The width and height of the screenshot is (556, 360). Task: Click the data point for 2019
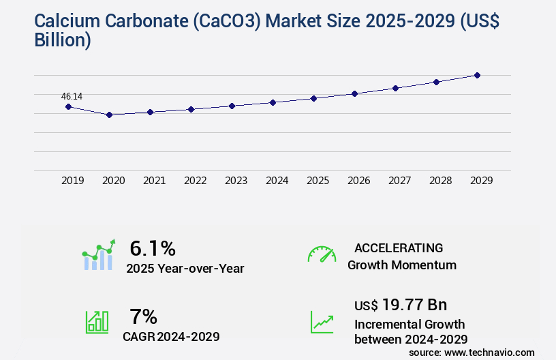pos(68,106)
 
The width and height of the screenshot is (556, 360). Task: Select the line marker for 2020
pos(109,115)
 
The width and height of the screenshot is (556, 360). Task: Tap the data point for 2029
pos(477,75)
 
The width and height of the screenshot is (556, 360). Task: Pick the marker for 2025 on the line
pos(313,98)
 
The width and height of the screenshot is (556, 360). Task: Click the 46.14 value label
pos(72,96)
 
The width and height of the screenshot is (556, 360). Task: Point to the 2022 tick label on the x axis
pos(195,181)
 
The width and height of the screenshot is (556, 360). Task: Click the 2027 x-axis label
pos(399,181)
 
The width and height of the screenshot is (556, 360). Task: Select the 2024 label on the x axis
pos(277,181)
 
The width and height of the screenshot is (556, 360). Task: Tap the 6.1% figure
pos(153,247)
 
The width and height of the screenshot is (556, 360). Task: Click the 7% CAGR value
pos(143,316)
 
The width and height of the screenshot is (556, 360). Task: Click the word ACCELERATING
pos(399,247)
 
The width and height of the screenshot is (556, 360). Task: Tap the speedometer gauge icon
pos(322,254)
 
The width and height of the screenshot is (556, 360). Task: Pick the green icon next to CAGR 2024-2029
pos(96,322)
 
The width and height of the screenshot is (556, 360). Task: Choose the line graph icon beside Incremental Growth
pos(322,322)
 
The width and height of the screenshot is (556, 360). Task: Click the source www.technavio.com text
pos(472,352)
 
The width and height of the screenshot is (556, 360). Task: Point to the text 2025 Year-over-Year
pos(185,268)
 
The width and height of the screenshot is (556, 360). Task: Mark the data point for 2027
pos(395,88)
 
